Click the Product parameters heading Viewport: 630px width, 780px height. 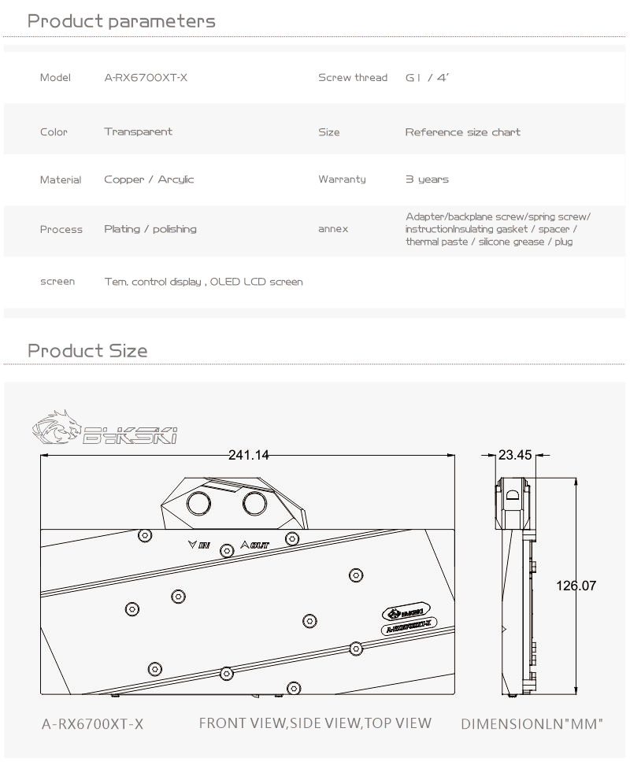[121, 21]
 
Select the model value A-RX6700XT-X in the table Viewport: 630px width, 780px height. [146, 77]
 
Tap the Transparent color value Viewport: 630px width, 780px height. [138, 131]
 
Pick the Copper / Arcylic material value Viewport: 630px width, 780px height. [149, 179]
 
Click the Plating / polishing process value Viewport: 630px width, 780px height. [150, 229]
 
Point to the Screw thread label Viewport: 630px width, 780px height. [353, 77]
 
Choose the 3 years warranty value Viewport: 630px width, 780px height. [427, 179]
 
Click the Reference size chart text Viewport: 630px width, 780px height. [463, 131]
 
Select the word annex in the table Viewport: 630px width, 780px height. [333, 229]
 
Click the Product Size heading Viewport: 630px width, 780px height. [87, 350]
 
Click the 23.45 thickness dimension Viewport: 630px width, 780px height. [516, 455]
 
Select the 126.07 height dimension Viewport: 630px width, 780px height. [576, 586]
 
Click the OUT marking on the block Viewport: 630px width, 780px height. [255, 544]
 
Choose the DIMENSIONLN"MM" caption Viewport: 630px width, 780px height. [532, 723]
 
